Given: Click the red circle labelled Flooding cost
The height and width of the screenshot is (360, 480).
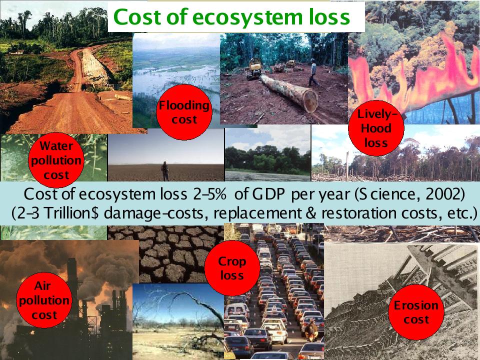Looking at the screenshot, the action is [x=184, y=112].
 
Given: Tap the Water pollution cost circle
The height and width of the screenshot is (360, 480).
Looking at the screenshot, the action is [x=56, y=160].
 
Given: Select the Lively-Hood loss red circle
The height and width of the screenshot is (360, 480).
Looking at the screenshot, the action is [x=376, y=128].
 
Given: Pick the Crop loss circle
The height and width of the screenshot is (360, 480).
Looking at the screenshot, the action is [x=232, y=268].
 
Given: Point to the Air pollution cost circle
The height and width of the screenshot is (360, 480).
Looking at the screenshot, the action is [x=44, y=300].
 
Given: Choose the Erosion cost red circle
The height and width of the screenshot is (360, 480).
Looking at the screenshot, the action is [x=416, y=312].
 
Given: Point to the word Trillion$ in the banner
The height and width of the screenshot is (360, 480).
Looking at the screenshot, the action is [x=71, y=213].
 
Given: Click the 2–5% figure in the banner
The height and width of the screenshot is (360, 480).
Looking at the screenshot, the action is [x=209, y=194].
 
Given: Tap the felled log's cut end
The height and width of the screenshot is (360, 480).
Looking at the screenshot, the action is [x=310, y=101].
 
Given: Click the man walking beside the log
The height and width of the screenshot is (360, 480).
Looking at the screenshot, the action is [x=313, y=72].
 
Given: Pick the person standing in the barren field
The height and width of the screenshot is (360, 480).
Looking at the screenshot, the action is [x=165, y=171].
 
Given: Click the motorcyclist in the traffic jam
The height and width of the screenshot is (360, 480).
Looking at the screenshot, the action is [x=311, y=330].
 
